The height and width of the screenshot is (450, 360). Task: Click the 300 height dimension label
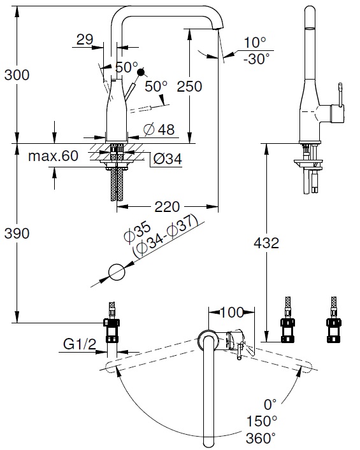click(x=17, y=75)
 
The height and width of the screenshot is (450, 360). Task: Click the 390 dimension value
click(x=17, y=234)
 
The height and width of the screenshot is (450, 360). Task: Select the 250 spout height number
click(x=189, y=87)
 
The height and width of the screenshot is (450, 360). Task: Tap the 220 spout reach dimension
click(x=167, y=207)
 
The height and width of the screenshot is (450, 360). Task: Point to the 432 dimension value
click(x=266, y=243)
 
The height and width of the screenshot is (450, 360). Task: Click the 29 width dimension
click(x=85, y=39)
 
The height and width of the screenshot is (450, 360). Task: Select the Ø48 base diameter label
click(x=159, y=129)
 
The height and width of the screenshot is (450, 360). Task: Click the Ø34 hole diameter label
click(x=168, y=158)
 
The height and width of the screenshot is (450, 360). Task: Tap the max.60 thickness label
click(x=53, y=156)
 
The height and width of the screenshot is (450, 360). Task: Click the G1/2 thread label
click(x=80, y=344)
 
